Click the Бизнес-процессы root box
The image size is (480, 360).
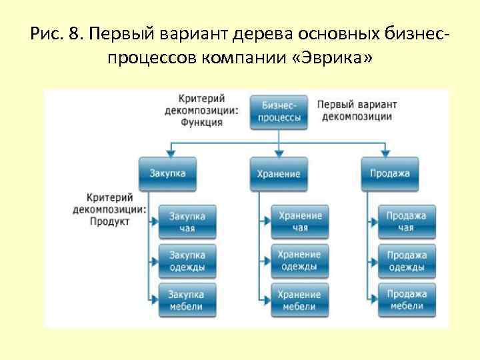278,111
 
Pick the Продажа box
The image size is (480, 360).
390,173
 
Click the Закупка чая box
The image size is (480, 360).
187,222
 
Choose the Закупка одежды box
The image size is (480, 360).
187,261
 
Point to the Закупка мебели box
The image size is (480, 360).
187,300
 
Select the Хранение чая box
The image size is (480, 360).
300,222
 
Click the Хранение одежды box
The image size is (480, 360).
300,261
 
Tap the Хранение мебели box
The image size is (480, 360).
300,300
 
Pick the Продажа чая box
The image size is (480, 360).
407,222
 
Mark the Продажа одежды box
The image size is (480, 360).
407,261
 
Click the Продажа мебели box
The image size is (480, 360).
407,300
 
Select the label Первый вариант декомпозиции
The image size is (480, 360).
357,111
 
